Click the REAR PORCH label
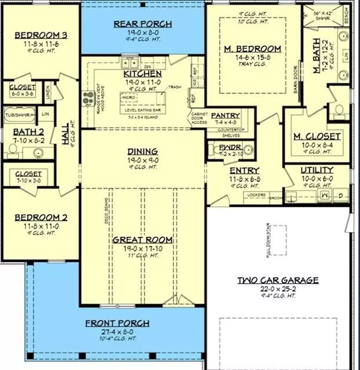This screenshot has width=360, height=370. point(143,24)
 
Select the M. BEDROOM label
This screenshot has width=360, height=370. point(253,49)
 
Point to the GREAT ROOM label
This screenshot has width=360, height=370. point(143,240)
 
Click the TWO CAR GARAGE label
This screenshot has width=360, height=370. point(277,280)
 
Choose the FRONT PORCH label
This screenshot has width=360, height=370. point(117,323)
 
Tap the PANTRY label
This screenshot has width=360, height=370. point(226,115)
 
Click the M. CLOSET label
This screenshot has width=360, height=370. point(317,137)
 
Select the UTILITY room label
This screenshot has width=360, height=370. point(317,171)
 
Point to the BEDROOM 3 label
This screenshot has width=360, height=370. point(40,34)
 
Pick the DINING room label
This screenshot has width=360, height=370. point(143,151)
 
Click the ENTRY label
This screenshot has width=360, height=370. point(244,171)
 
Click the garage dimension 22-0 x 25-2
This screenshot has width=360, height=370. point(277,288)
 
